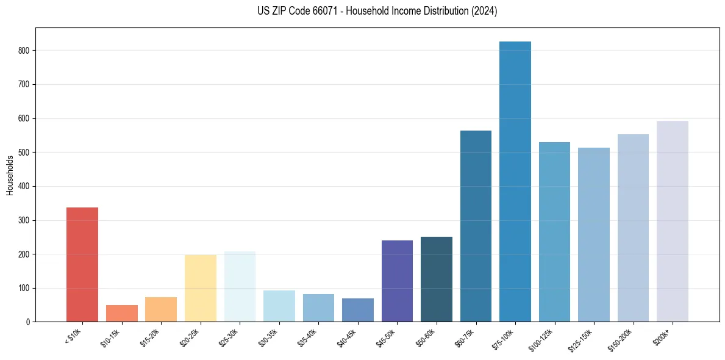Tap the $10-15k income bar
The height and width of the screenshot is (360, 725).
(121, 313)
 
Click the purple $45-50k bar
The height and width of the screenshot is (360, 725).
(397, 281)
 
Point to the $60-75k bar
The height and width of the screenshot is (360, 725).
(476, 226)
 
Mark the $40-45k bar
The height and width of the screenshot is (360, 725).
(358, 310)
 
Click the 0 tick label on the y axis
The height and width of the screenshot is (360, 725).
(27, 322)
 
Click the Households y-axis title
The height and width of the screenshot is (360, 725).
(10, 175)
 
